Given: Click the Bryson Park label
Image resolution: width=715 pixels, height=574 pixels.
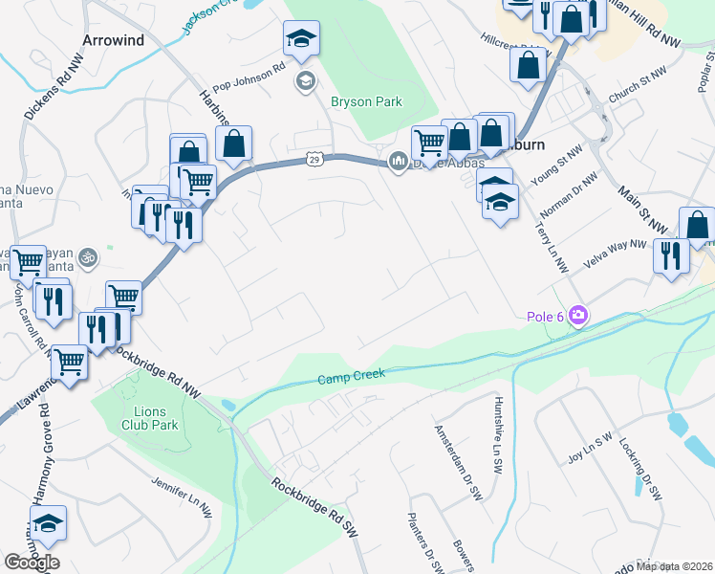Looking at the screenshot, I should pos(366,101).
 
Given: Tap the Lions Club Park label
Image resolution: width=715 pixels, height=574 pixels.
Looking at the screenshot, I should pos(150,417).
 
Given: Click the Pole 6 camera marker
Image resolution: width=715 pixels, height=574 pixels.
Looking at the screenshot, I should pos(577,315).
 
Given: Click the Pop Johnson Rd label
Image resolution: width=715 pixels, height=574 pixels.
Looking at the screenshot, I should pos(249,68).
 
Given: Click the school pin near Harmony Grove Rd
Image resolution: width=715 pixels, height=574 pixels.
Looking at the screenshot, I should pos(48,524).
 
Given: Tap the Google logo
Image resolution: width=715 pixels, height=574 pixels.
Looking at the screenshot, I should pos(32,562).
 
